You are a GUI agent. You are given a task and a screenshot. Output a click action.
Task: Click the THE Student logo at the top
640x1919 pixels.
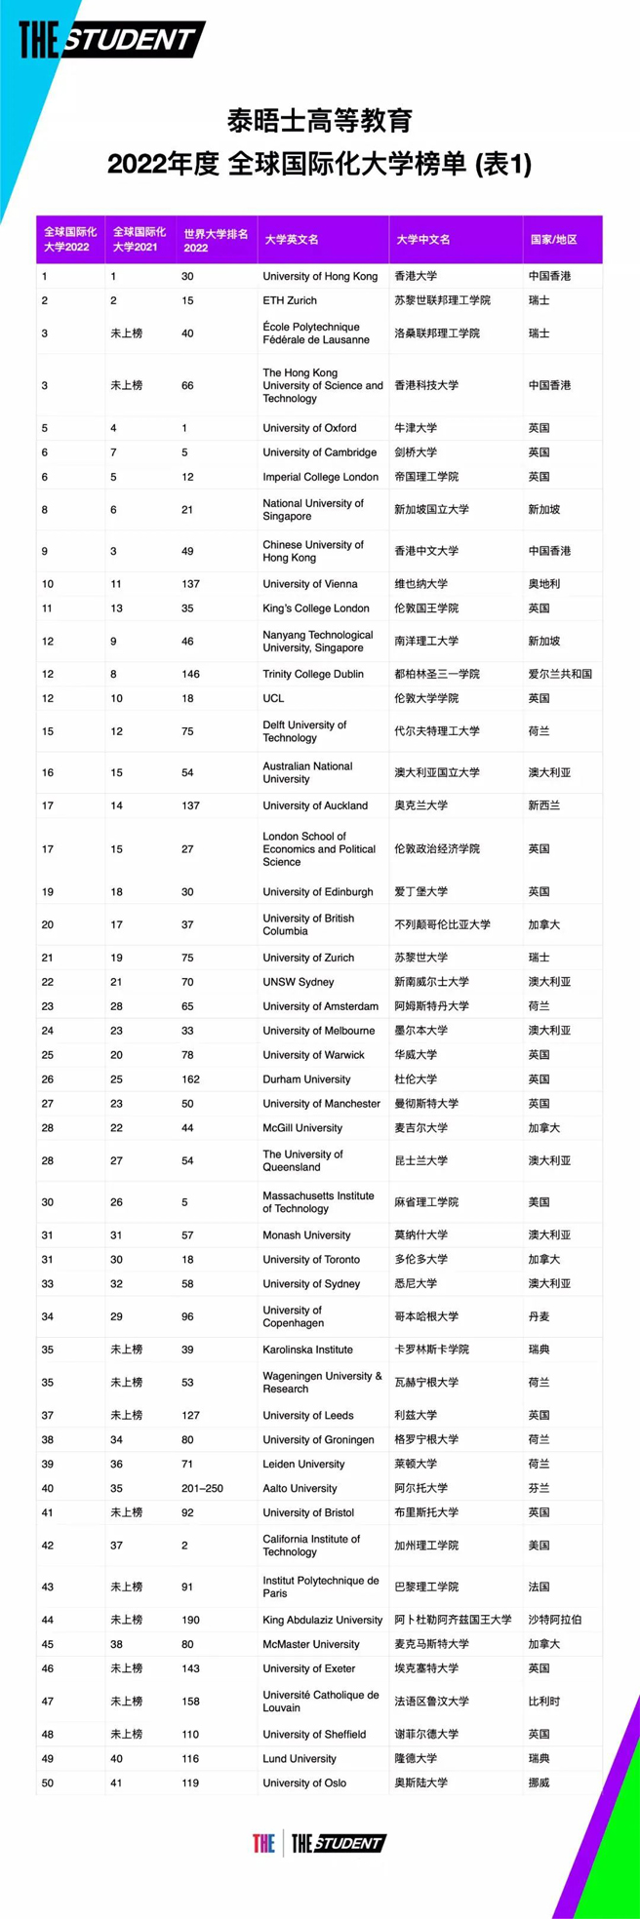110,40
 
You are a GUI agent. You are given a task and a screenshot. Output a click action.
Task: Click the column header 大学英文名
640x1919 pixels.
292,240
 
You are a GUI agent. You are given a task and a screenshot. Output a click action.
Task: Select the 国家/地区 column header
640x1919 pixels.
553,240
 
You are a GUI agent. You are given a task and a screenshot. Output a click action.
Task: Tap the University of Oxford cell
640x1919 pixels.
309,428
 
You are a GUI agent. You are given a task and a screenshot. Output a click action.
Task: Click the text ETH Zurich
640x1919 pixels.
290,300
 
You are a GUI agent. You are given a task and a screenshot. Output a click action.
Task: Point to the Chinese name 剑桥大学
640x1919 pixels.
416,452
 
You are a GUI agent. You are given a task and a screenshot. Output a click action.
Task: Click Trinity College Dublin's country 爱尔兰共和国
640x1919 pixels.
560,674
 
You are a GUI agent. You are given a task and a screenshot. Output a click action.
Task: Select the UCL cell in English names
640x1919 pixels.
273,698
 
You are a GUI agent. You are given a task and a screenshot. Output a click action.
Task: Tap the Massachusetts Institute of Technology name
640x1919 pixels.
318,1202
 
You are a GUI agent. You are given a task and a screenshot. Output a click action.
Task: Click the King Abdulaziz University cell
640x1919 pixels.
322,1620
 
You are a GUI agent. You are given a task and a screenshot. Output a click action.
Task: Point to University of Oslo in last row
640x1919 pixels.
304,1782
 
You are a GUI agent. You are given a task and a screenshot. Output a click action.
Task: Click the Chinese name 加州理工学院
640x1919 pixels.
426,1546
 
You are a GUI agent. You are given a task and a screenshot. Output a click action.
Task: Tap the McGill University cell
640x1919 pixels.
302,1128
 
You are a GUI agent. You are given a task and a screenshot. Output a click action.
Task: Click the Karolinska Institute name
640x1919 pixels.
307,1350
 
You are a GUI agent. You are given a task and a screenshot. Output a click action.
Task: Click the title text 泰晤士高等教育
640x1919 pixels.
320,121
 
